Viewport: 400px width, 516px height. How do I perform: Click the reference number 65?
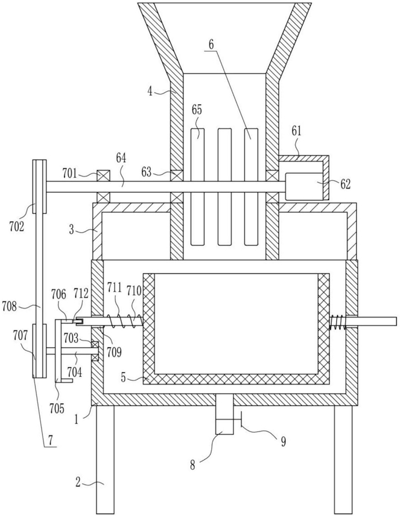[197, 110]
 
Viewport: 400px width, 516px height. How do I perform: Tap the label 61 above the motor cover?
[296, 131]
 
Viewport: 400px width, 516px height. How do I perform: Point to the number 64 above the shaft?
[121, 159]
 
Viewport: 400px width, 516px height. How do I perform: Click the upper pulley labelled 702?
[39, 186]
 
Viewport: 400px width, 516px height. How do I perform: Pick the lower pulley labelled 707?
[39, 350]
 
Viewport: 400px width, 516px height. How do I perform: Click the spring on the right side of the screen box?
[337, 321]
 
